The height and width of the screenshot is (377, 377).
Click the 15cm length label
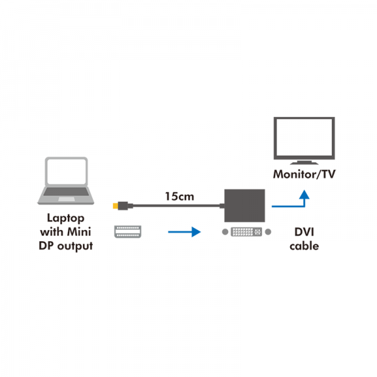click(x=179, y=196)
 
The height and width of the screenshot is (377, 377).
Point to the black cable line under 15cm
click(x=176, y=205)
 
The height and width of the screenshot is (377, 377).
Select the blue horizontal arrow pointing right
click(x=183, y=232)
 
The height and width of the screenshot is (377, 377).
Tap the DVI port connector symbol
click(x=246, y=232)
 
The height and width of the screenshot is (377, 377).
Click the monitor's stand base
click(x=303, y=163)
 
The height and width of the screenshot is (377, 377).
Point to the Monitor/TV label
click(x=303, y=174)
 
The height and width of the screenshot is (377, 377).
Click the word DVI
click(x=303, y=232)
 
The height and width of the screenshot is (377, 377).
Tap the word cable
click(x=303, y=246)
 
